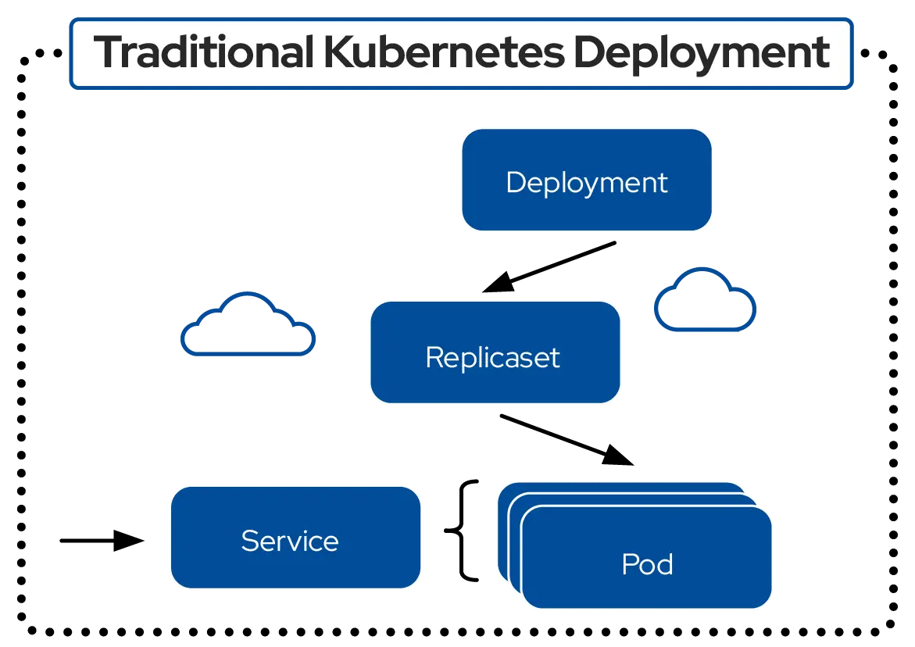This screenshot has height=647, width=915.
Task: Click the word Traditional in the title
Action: (202, 52)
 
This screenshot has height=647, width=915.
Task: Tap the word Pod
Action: (647, 564)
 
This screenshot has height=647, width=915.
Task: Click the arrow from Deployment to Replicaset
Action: (551, 266)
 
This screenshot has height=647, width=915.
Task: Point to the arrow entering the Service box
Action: (102, 540)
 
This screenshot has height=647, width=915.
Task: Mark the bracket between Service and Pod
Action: (466, 531)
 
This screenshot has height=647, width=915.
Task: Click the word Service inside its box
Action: (289, 541)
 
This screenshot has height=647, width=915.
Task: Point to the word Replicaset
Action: (492, 357)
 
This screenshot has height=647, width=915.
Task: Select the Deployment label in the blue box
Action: (586, 182)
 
